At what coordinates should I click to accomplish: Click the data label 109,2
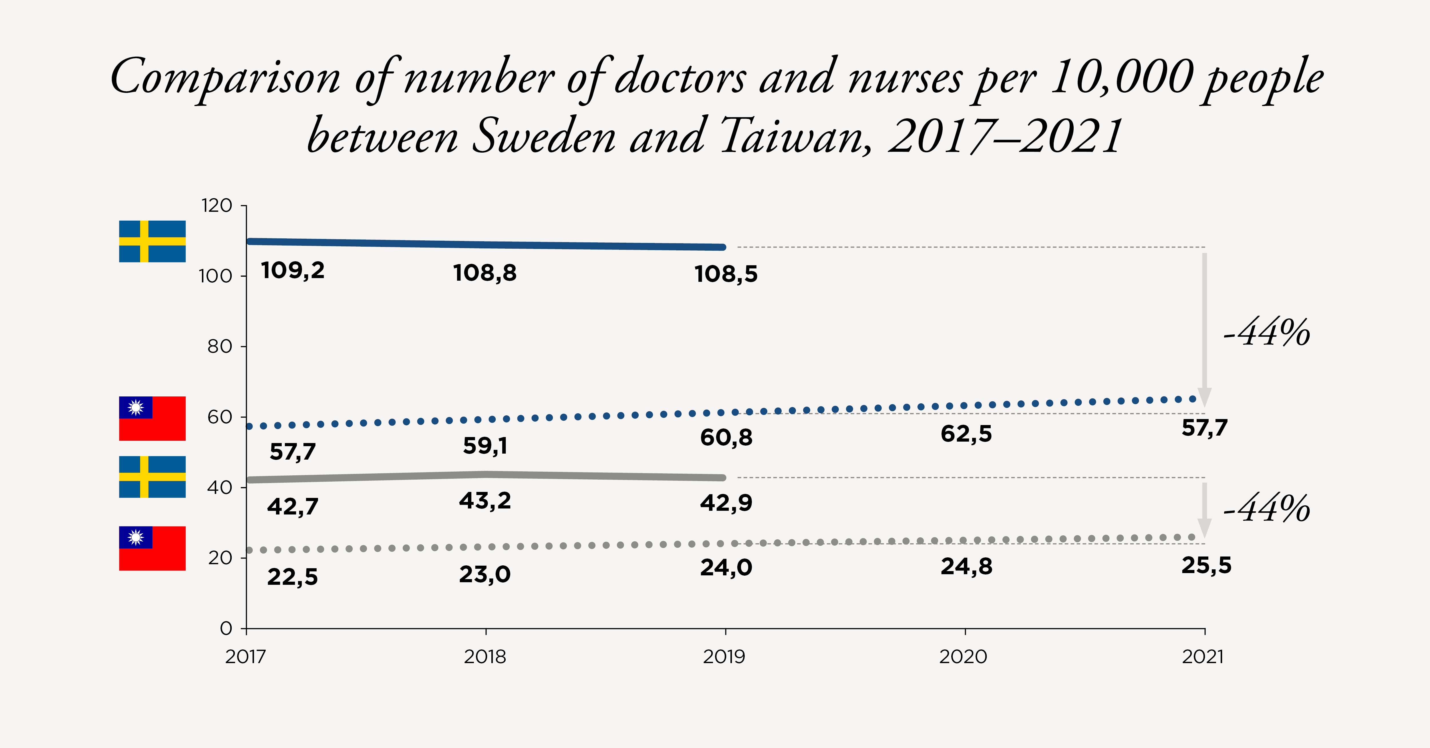(293, 271)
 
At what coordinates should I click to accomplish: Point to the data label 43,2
(484, 501)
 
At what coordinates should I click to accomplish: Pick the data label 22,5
(293, 577)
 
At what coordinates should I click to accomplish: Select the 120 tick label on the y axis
(217, 206)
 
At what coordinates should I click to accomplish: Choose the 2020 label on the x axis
(963, 657)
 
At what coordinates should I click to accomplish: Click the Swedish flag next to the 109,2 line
(152, 242)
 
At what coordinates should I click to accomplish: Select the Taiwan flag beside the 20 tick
(152, 548)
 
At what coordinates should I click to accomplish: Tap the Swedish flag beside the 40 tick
(152, 477)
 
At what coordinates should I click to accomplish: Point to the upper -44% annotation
(1267, 333)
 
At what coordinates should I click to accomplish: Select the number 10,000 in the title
(1121, 78)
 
